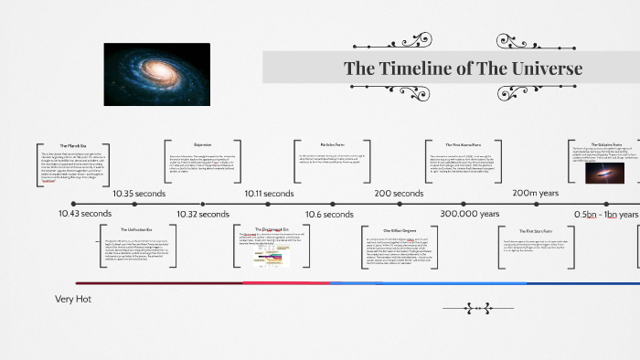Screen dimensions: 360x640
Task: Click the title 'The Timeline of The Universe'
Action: tap(462, 69)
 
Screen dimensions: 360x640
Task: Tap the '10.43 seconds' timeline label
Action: tap(83, 214)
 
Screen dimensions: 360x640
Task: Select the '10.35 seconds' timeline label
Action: tap(139, 194)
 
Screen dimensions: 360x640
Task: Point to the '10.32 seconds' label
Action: tap(202, 214)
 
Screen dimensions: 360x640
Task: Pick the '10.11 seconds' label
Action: tap(269, 194)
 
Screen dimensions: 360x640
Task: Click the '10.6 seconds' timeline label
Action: tap(329, 214)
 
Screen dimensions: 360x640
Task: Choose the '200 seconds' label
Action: tap(399, 194)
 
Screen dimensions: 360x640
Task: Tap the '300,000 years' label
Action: tap(470, 214)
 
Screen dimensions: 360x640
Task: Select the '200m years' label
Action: tap(535, 194)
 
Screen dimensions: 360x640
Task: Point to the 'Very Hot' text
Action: tap(74, 299)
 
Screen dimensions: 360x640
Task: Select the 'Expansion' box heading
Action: tap(202, 144)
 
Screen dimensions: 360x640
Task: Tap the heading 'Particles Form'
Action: tap(332, 144)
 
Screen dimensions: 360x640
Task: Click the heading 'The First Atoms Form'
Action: tap(463, 144)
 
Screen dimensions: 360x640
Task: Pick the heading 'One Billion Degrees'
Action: tap(399, 230)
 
